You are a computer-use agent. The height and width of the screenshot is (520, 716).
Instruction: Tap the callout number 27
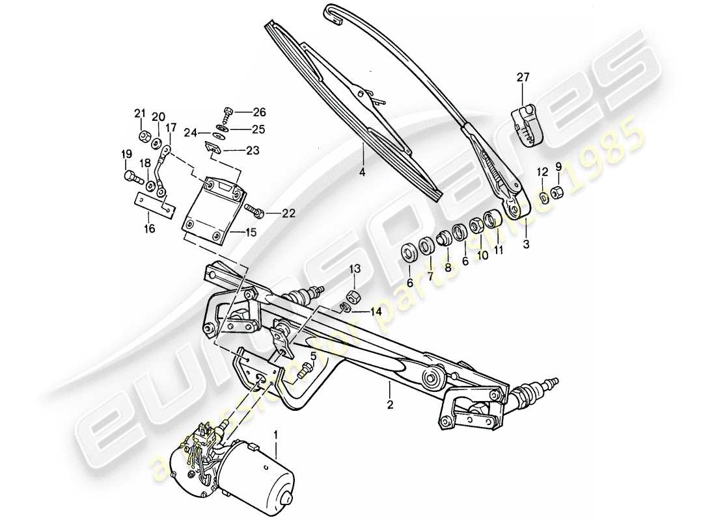coord(524,78)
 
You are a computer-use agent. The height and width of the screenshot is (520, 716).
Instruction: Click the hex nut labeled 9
coord(558,193)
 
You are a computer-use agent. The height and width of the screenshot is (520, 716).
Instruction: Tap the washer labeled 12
coord(542,196)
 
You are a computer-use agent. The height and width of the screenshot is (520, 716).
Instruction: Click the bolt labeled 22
coord(254,211)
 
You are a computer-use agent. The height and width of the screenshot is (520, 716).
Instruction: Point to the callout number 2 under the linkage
coord(389,406)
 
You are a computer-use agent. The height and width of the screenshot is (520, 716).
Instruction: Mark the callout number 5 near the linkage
coord(313,356)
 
